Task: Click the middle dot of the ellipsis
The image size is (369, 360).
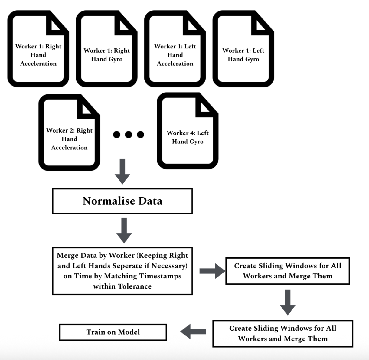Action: coord(129,134)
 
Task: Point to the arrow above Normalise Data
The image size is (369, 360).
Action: coord(122,171)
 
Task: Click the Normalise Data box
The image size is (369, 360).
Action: coord(122,201)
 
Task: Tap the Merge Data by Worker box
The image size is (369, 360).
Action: coord(122,271)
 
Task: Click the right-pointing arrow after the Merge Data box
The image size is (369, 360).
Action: coord(212,271)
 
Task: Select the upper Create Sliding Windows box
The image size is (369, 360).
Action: coord(287,271)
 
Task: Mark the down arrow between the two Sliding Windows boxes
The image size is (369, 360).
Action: coord(287,302)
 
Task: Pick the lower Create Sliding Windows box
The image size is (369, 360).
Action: coord(282,333)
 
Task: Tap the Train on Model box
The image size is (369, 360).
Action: coord(113,332)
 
